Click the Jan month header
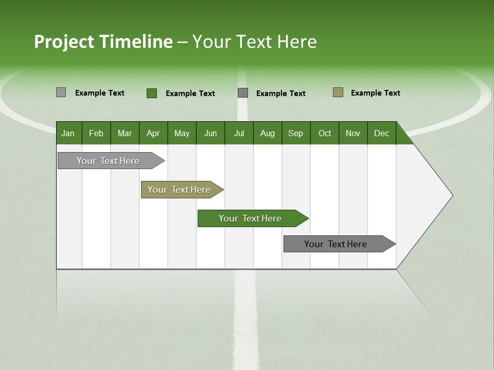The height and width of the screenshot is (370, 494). point(68,133)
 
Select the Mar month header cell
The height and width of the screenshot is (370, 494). point(125,133)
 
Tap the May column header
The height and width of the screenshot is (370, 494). point(182,133)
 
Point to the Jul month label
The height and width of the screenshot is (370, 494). point(239,133)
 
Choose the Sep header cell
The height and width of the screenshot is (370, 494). point(295,133)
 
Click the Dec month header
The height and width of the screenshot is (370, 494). point(381,133)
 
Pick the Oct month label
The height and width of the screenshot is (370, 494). point(325,133)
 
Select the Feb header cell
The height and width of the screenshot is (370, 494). point(96,133)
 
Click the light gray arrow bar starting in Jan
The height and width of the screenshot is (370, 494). point(109,161)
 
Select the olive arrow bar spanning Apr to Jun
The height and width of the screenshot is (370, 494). point(180,190)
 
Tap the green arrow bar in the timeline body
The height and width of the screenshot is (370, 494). point(251,218)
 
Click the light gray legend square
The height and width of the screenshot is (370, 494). point(61,92)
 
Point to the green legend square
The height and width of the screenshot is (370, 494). point(152,93)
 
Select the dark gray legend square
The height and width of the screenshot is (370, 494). point(243,92)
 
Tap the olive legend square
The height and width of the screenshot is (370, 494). point(338,92)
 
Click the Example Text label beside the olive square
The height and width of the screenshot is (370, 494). point(375,93)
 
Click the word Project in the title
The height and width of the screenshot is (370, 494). point(64,42)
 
